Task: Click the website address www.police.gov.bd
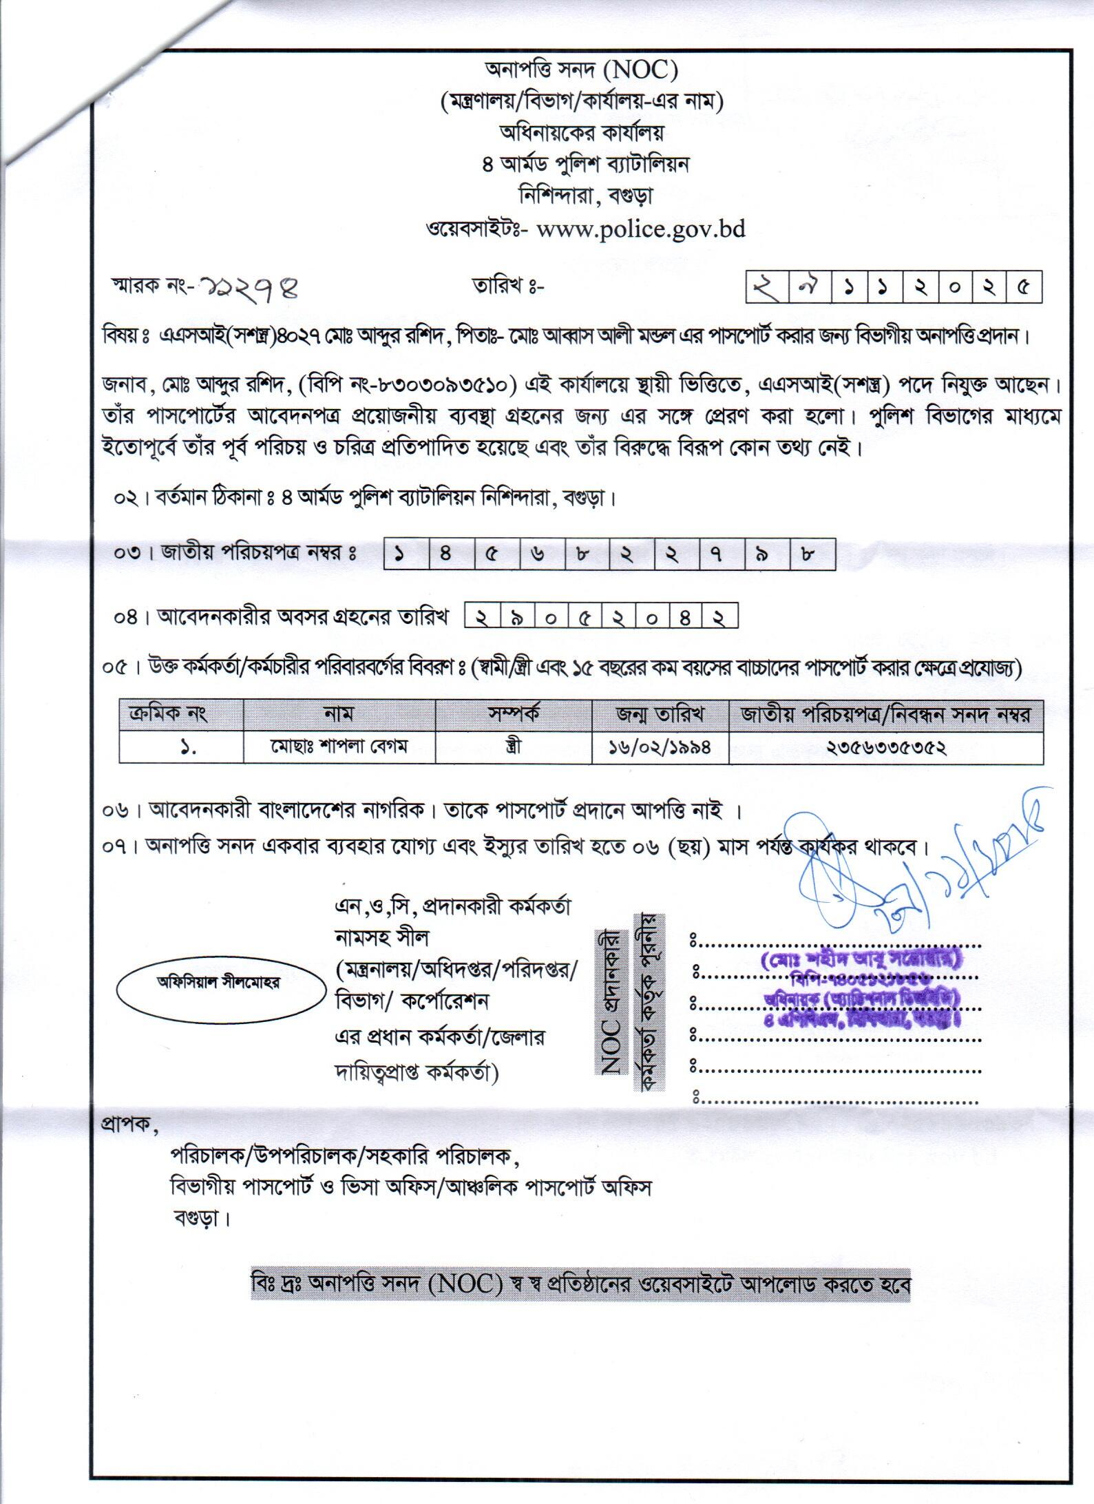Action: click(x=640, y=229)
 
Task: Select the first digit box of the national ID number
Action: click(x=406, y=555)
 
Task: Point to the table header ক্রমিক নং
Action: click(x=181, y=715)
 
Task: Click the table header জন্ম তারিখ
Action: click(x=660, y=715)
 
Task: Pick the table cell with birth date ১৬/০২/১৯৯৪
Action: click(x=660, y=747)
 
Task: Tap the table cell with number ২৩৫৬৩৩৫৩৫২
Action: click(x=886, y=747)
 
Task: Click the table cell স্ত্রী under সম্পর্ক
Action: click(x=513, y=747)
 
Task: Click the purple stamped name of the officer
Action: click(x=864, y=958)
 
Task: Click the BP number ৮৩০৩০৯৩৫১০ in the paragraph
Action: click(x=444, y=384)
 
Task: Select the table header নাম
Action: click(x=339, y=715)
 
